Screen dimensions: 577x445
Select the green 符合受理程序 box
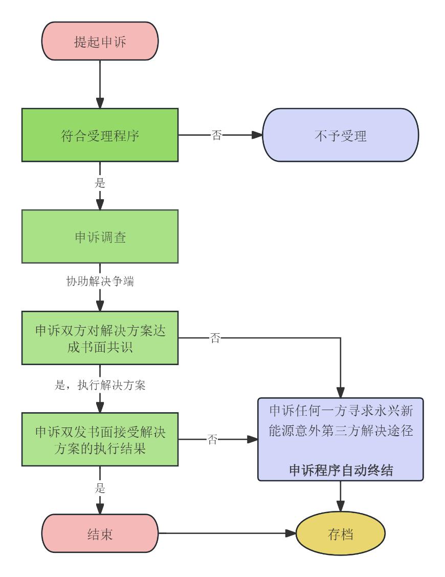(x=100, y=135)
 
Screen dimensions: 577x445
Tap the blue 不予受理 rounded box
(x=340, y=136)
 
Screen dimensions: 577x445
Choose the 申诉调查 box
(x=100, y=237)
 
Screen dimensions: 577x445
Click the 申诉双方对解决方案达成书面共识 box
(x=100, y=338)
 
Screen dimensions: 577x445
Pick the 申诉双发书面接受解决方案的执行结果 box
(x=100, y=439)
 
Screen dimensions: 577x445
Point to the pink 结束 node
(x=100, y=533)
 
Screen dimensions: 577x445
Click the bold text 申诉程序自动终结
(x=341, y=471)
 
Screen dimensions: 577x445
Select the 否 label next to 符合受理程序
(x=216, y=136)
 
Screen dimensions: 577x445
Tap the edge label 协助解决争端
(x=100, y=282)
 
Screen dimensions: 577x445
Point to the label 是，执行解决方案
(x=100, y=386)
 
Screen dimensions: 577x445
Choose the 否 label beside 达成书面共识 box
(x=215, y=338)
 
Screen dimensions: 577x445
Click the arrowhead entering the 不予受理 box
(x=257, y=136)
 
